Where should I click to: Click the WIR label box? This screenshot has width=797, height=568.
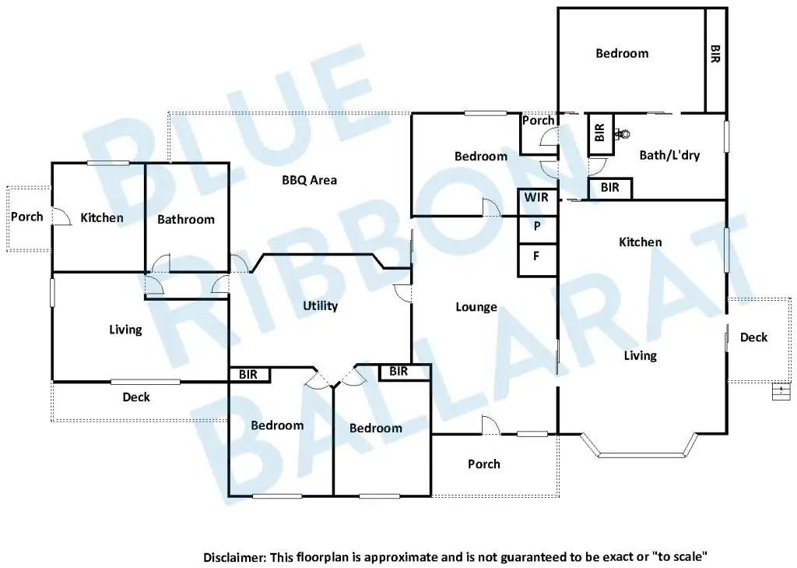536,198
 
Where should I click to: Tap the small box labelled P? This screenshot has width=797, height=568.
536,227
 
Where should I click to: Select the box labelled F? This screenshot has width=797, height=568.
536,256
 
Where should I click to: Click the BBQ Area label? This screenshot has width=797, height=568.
309,180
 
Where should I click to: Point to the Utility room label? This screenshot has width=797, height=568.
320,306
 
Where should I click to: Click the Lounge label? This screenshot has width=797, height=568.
476,307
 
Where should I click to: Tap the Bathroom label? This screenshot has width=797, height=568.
185,220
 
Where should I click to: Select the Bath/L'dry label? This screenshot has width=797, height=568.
669,155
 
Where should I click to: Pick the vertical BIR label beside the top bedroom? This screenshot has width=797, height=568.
715,53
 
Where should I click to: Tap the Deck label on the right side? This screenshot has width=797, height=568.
753,337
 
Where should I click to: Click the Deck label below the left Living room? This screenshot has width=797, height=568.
136,397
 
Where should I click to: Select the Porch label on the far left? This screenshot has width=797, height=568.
27,217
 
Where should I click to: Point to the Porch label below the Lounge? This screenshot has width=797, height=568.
484,464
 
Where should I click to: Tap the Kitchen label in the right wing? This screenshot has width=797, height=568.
641,242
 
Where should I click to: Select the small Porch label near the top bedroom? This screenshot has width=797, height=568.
538,121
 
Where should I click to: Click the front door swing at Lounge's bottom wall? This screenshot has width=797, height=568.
490,426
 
